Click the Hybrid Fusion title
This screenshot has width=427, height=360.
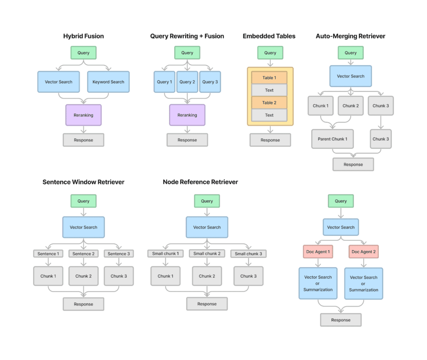(x=83, y=36)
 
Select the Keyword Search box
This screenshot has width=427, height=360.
(x=108, y=82)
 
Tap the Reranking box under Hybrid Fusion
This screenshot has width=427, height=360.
(x=83, y=115)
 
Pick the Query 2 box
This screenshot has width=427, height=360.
(x=187, y=82)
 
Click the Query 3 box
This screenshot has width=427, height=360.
(x=210, y=82)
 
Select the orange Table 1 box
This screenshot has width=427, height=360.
(x=269, y=78)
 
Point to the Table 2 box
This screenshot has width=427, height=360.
(x=269, y=103)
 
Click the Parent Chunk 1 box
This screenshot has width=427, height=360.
(x=332, y=139)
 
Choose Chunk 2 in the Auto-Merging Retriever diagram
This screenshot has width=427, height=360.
(x=351, y=106)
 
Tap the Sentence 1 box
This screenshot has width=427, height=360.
(x=48, y=254)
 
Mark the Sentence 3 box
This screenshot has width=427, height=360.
(x=119, y=254)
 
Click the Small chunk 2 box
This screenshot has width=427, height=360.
(x=207, y=254)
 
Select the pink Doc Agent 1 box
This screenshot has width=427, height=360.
(x=318, y=252)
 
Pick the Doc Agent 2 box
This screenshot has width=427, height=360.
(x=364, y=252)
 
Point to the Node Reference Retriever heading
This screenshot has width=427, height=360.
(x=201, y=182)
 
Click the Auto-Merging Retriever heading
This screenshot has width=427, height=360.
(x=350, y=36)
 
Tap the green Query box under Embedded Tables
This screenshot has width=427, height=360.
(x=270, y=53)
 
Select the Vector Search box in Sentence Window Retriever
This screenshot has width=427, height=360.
(x=83, y=227)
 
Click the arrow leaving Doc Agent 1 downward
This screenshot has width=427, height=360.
(x=318, y=263)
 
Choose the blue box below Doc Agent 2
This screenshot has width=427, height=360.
(x=364, y=284)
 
